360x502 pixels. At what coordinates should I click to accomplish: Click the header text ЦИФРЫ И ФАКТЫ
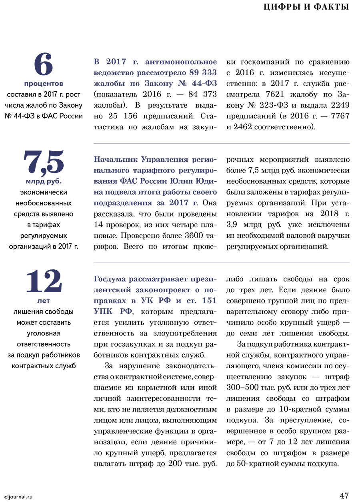(307, 7)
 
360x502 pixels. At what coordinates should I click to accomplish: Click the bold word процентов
(44, 84)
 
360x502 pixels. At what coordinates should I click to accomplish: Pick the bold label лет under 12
(44, 301)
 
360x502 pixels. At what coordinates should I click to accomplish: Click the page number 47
(344, 495)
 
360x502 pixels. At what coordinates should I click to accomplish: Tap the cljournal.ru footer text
(18, 496)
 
